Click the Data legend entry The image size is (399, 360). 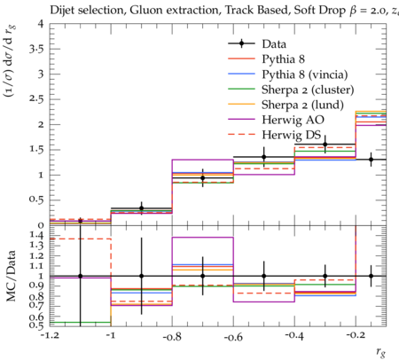click(274, 44)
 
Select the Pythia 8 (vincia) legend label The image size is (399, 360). click(305, 74)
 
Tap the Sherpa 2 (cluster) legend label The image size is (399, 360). click(308, 90)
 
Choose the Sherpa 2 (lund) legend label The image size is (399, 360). click(302, 105)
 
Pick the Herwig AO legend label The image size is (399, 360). click(293, 120)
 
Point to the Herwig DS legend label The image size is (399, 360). click(292, 135)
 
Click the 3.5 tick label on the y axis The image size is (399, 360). click(36, 49)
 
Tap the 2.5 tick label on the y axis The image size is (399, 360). click(36, 99)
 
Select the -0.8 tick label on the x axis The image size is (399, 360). click(172, 336)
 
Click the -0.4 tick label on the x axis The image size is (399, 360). click(294, 336)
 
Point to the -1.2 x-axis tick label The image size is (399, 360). click(50, 336)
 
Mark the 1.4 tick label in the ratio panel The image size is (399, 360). click(36, 236)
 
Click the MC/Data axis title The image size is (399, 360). click(12, 276)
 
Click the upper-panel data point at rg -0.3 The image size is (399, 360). click(325, 145)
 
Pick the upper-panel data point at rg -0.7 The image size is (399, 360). click(203, 178)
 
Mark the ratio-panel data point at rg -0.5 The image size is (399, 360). click(264, 276)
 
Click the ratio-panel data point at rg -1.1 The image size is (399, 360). click(80, 276)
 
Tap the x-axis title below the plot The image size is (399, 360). click(380, 351)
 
